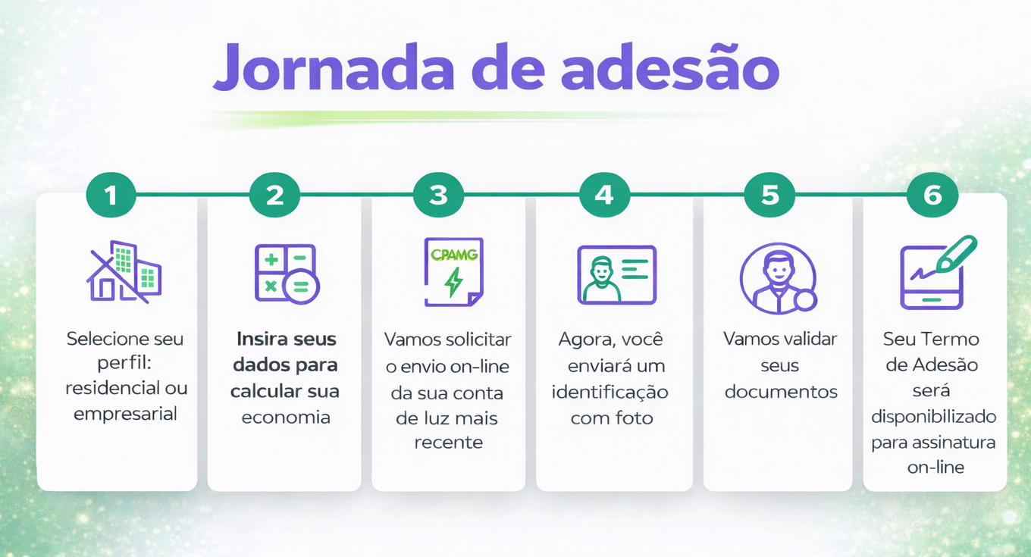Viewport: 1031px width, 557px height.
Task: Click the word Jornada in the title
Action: (x=334, y=67)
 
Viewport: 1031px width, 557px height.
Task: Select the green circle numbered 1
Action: (x=111, y=195)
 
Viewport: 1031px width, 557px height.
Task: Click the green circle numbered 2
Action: (x=274, y=195)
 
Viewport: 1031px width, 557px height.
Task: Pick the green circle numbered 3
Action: (x=439, y=195)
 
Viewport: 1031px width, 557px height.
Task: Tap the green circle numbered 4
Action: (x=604, y=195)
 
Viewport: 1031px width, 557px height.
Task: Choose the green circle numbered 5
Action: (x=769, y=195)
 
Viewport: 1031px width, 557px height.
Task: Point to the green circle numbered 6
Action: (x=933, y=195)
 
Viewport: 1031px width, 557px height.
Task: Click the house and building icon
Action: (x=124, y=271)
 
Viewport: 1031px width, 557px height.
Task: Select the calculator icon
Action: (x=287, y=274)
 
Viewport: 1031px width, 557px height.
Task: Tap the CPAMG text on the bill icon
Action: (x=454, y=255)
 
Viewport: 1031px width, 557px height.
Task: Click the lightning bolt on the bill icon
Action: (x=454, y=282)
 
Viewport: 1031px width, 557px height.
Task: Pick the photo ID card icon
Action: (x=617, y=275)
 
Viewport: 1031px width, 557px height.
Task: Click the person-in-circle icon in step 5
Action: (x=779, y=278)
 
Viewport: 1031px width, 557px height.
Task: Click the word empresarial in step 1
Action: (x=125, y=414)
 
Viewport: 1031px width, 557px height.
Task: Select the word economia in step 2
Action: (x=286, y=417)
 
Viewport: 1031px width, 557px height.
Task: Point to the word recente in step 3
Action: (x=449, y=443)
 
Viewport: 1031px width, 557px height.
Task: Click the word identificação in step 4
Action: (x=610, y=393)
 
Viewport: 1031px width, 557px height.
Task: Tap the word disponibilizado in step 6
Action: (x=934, y=417)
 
